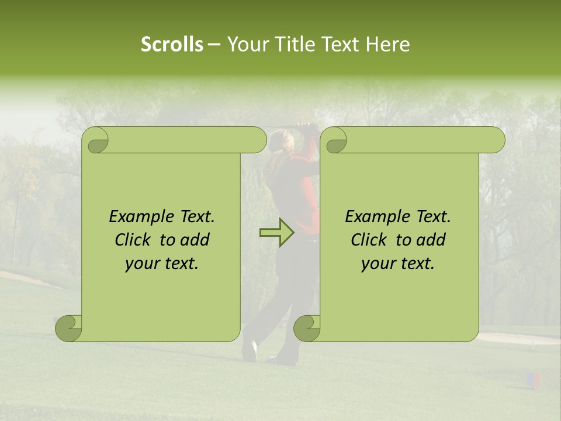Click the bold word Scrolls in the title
tap(172, 44)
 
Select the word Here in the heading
tap(387, 44)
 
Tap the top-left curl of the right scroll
tap(335, 141)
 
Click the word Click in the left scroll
tap(134, 240)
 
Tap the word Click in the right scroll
tap(370, 240)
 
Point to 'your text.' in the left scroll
tap(162, 263)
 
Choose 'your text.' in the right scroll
tap(398, 263)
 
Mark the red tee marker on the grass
tap(536, 379)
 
